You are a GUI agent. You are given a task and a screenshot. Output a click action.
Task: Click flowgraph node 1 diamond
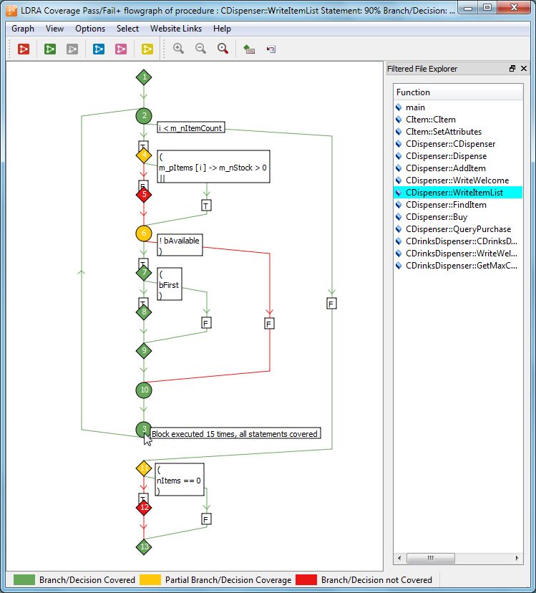pos(144,77)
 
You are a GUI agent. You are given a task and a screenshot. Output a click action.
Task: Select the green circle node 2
pos(144,115)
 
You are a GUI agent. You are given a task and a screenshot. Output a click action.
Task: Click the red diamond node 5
pos(144,193)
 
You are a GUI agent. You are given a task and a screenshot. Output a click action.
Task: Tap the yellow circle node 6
pos(144,233)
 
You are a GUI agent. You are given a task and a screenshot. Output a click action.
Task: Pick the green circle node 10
pos(144,390)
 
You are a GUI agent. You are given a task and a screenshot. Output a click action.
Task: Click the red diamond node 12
pos(144,507)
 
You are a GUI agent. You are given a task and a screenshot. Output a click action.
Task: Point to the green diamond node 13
pos(144,546)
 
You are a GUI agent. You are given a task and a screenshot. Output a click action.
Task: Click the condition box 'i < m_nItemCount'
pos(190,128)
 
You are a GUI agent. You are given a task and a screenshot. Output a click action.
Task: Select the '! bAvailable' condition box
pos(180,245)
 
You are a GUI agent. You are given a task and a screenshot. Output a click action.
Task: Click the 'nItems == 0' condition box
pos(180,481)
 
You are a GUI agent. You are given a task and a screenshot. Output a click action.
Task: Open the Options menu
pos(90,29)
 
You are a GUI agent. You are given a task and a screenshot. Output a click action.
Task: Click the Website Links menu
pos(175,29)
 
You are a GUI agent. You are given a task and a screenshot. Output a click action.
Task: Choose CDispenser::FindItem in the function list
pos(446,205)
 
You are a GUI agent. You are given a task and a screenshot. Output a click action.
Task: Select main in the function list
pos(415,107)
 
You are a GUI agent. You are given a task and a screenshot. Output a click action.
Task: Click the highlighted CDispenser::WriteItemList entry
pos(454,193)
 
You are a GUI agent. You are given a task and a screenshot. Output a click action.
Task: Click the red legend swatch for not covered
pos(306,579)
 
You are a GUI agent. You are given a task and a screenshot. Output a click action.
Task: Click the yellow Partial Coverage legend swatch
pos(150,579)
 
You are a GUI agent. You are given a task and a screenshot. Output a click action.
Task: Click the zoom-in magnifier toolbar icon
pos(178,49)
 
